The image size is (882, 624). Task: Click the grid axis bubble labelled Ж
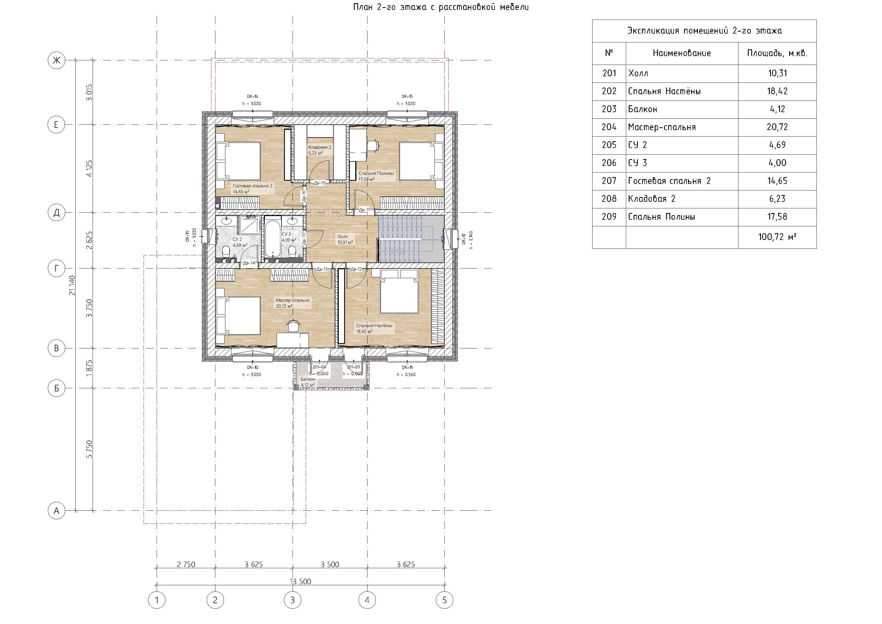[56, 60]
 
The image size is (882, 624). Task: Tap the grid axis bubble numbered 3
[293, 600]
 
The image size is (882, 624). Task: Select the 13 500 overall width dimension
[300, 581]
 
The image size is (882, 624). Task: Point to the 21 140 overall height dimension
[72, 285]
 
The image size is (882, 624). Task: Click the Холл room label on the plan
[342, 237]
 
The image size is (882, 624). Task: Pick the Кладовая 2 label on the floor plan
[320, 147]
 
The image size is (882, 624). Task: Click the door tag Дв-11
[364, 210]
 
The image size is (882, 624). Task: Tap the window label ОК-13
[407, 97]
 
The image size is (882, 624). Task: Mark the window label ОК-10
[253, 367]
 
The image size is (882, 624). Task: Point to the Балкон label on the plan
[308, 379]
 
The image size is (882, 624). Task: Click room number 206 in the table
[609, 163]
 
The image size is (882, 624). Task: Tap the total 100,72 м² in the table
[777, 237]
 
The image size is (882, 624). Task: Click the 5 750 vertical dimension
[89, 449]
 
